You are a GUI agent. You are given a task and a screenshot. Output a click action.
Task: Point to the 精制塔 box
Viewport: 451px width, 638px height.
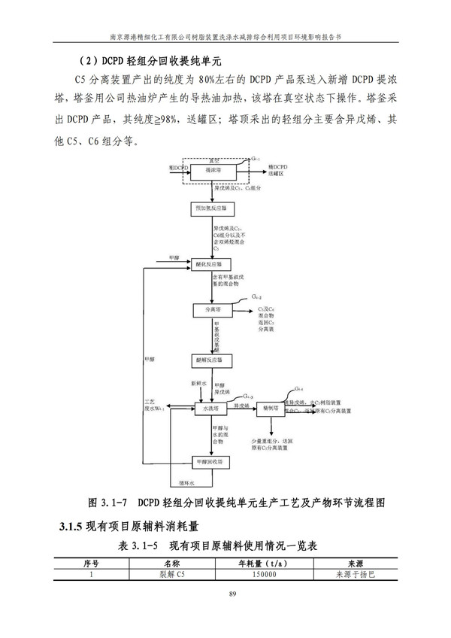coord(271,408)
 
